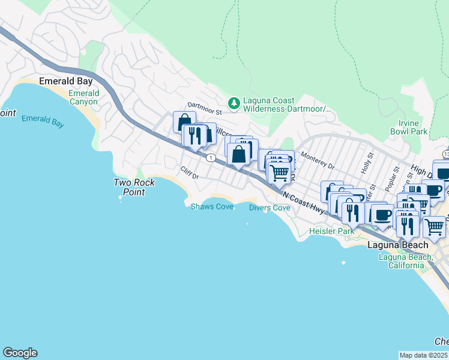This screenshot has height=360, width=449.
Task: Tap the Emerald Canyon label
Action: click(83, 97)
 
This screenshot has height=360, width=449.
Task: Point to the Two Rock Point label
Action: click(134, 187)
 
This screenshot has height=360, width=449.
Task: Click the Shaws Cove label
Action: click(212, 206)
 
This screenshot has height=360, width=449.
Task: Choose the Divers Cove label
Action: click(270, 208)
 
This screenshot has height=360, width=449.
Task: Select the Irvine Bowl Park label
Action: click(408, 127)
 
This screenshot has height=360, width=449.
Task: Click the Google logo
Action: click(20, 353)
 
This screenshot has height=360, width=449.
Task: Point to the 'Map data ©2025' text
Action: click(424, 355)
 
